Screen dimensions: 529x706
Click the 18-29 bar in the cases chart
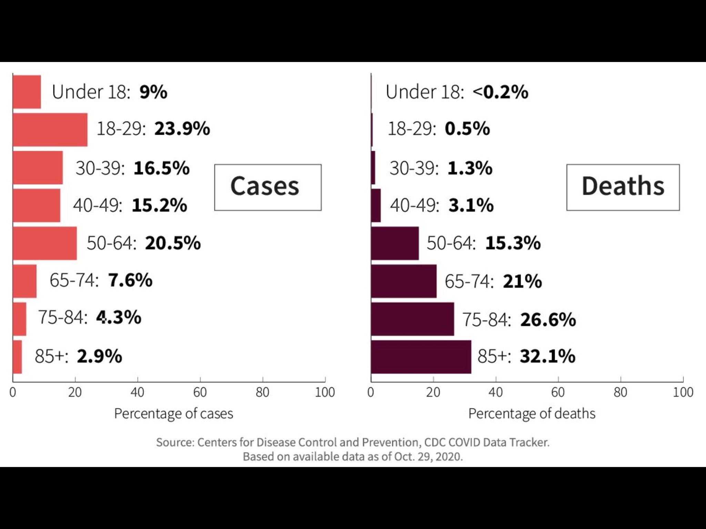coord(50,129)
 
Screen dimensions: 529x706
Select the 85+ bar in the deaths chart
coord(421,357)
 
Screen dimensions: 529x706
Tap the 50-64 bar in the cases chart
coord(45,243)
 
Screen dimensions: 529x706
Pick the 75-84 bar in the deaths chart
coord(412,319)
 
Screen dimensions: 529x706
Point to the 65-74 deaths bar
coord(404,281)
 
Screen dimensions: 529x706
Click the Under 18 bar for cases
coord(27,92)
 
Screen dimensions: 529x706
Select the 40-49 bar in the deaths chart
coord(376,205)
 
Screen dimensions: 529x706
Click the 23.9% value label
coord(182,129)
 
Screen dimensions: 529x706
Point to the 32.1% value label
coord(547,356)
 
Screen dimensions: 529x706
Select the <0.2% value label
coord(501,92)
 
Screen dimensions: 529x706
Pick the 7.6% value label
coord(130,280)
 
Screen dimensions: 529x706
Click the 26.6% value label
coord(548,320)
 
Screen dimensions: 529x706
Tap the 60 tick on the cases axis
coord(200,392)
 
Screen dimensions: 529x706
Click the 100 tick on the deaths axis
coord(683,392)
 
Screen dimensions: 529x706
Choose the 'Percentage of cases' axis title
coord(173,414)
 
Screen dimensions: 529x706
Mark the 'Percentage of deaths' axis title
coord(532,414)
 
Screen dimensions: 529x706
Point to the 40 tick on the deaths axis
coord(496,392)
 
